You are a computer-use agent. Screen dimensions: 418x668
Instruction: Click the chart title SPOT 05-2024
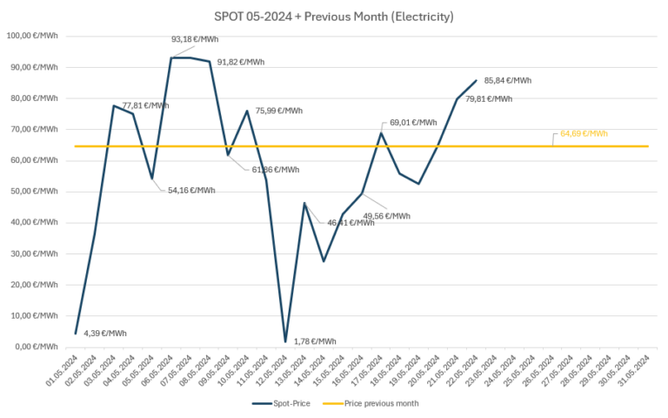[x=334, y=17]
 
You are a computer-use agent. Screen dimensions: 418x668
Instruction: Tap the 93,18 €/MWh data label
[x=195, y=39]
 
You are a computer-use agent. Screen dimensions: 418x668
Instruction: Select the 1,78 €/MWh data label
[x=314, y=341]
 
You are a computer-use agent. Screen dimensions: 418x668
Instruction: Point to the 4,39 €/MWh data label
[x=105, y=334]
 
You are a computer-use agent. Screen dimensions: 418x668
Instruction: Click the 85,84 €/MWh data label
[x=508, y=80]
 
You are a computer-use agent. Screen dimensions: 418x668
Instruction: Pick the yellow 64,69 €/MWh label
[x=584, y=133]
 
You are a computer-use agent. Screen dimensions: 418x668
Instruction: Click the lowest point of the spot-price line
[x=285, y=341]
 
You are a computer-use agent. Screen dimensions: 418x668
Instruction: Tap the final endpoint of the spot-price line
[x=477, y=80]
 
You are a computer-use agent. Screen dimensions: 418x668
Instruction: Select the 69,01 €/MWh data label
[x=414, y=123]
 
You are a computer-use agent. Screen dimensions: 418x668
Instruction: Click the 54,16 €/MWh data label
[x=190, y=190]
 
